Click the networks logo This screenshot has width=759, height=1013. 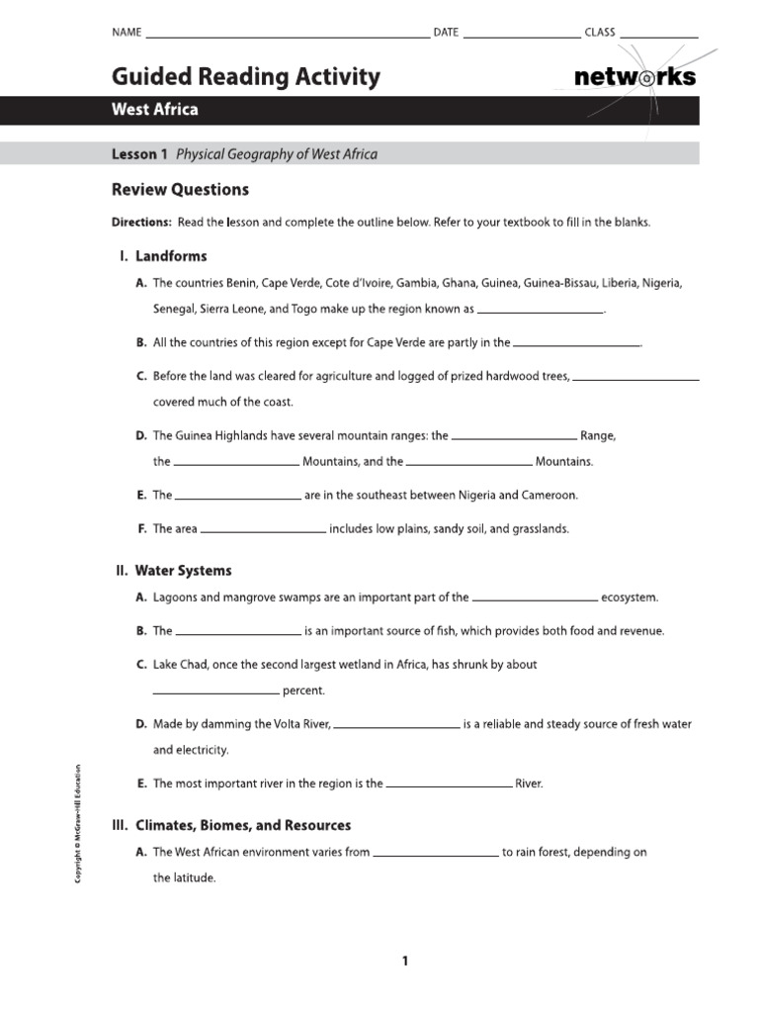tap(634, 77)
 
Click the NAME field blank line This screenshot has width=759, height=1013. tap(287, 36)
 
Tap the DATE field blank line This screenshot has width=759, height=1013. tap(522, 36)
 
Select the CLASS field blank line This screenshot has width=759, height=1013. tap(659, 36)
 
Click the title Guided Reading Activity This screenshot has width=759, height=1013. tap(245, 77)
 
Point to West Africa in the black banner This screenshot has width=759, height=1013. tap(154, 110)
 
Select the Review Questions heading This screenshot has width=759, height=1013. tap(180, 190)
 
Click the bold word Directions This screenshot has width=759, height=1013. tap(141, 223)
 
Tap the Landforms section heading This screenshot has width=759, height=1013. tap(171, 256)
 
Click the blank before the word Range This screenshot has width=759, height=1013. tap(514, 437)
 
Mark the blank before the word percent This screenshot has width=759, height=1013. tap(216, 692)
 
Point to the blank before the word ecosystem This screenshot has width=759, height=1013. tap(535, 599)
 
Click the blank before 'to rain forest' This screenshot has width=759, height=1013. tap(436, 854)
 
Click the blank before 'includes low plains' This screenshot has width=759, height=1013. tap(263, 531)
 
